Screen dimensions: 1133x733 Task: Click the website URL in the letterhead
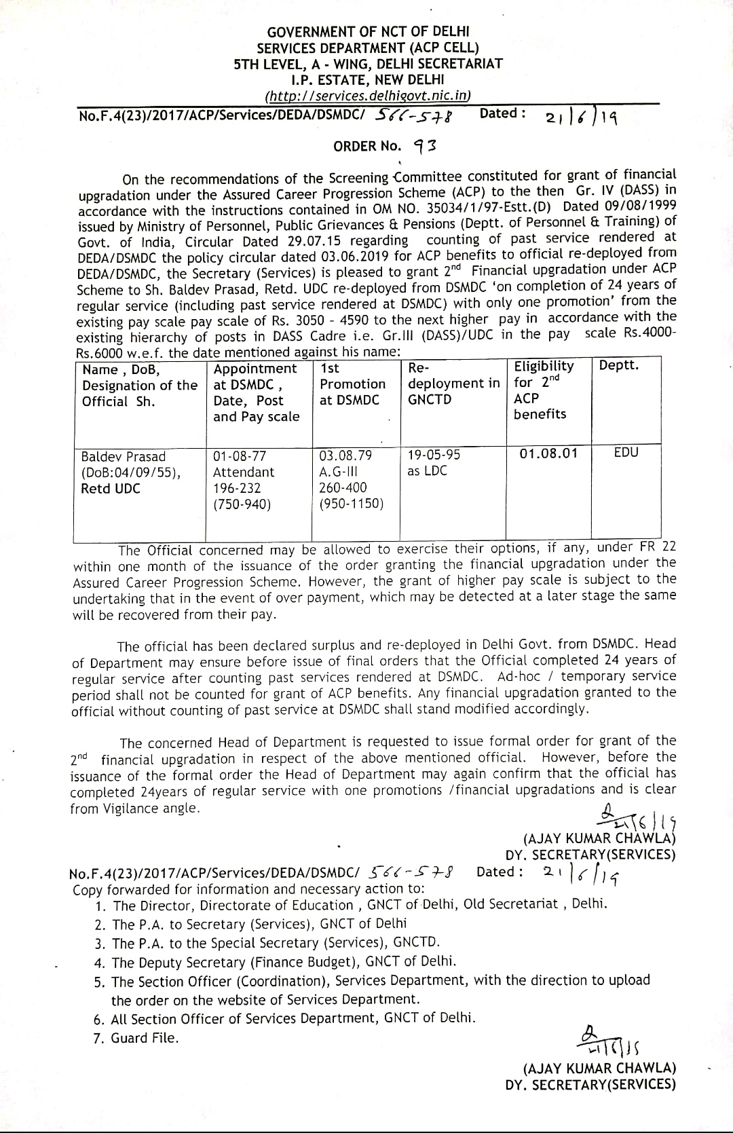[x=367, y=96]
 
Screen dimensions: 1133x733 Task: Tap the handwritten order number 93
[x=427, y=145]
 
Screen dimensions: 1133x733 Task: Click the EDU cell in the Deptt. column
[x=626, y=453]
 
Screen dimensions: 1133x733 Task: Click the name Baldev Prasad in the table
[x=123, y=456]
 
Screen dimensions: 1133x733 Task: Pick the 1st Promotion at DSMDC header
[x=352, y=384]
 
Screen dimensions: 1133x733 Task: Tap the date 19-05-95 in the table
[x=434, y=454]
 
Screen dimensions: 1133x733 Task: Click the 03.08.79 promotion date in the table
[x=345, y=455]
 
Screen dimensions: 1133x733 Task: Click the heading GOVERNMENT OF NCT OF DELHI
[x=368, y=32]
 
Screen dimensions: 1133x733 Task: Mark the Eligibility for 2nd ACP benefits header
[x=544, y=390]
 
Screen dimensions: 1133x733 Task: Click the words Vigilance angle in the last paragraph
[x=149, y=809]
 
